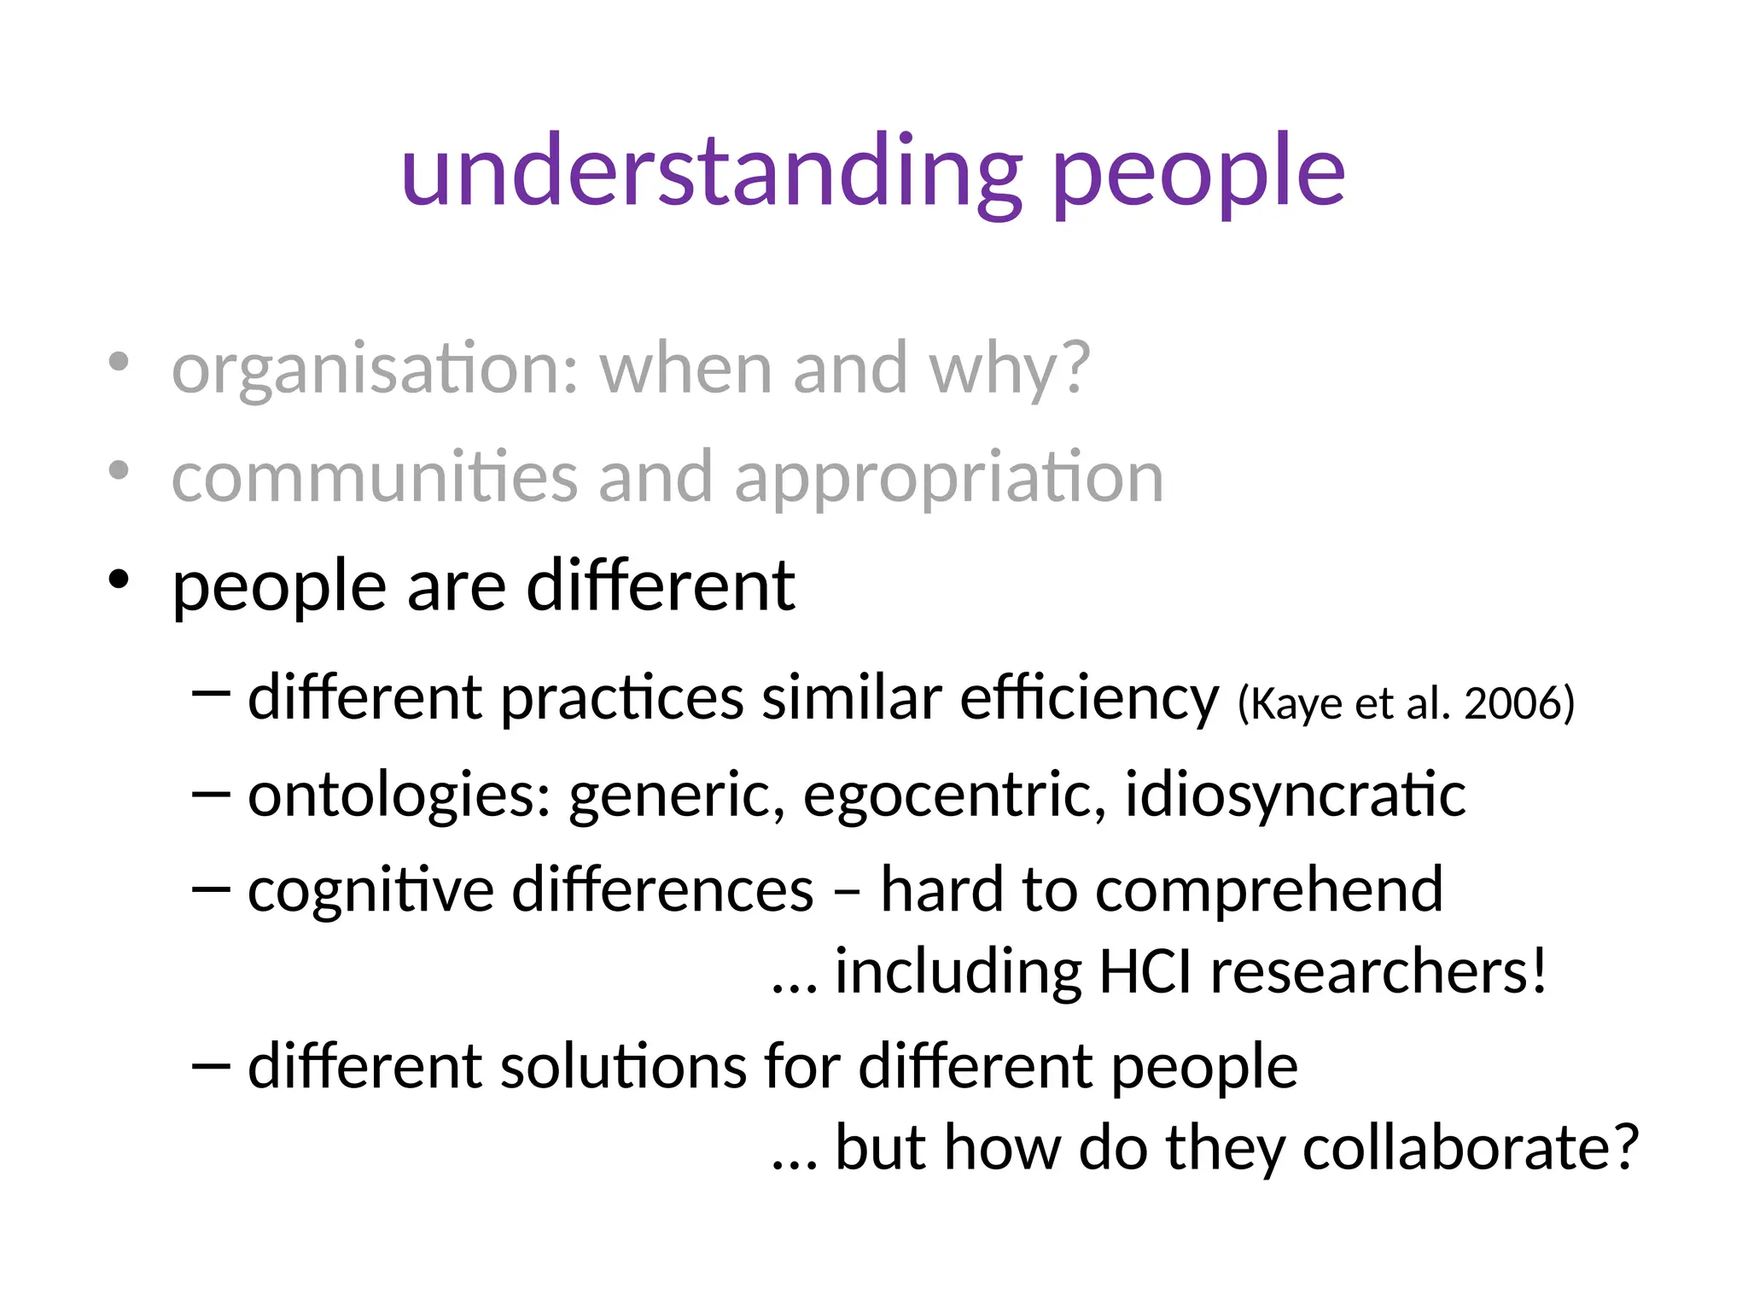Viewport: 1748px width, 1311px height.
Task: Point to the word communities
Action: click(x=375, y=478)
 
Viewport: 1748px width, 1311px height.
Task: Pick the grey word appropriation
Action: click(x=948, y=480)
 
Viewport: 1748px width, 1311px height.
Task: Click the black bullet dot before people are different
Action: click(x=119, y=580)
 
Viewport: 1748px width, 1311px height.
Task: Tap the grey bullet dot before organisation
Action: click(x=119, y=362)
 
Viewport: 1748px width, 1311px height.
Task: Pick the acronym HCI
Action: click(x=1145, y=973)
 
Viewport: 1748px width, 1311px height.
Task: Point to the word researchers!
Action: click(x=1378, y=973)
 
